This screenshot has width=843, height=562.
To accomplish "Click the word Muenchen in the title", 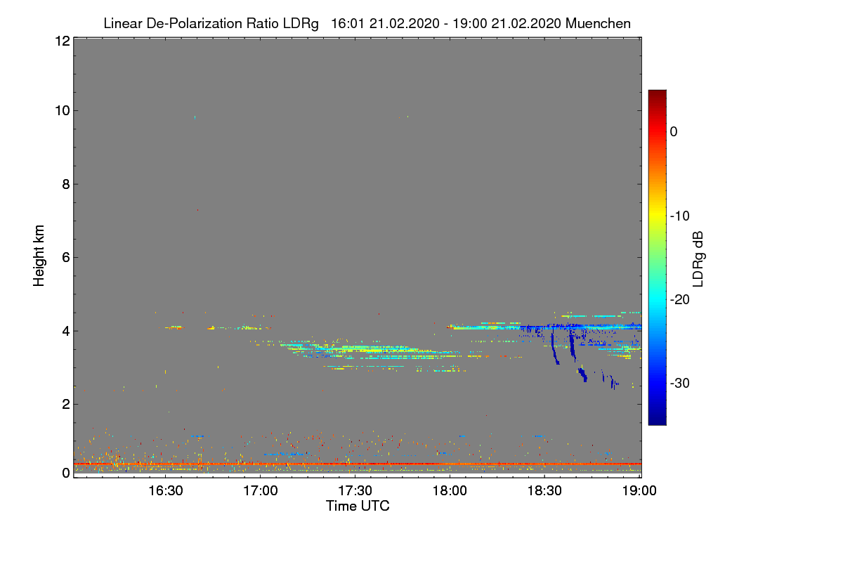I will click(x=598, y=23).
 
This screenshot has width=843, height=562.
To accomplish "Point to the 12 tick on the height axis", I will click(x=61, y=41).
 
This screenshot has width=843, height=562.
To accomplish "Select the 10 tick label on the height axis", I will click(x=61, y=110).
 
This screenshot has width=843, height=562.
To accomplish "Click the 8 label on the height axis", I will click(x=65, y=184).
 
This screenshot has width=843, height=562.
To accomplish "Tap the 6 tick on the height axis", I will click(x=65, y=257).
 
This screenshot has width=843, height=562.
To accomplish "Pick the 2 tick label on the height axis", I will click(x=65, y=404).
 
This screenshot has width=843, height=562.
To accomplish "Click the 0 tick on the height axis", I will click(x=65, y=473).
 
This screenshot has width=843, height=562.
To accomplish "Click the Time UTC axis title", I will click(x=358, y=506).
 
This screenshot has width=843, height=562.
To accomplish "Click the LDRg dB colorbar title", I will click(x=698, y=257).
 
